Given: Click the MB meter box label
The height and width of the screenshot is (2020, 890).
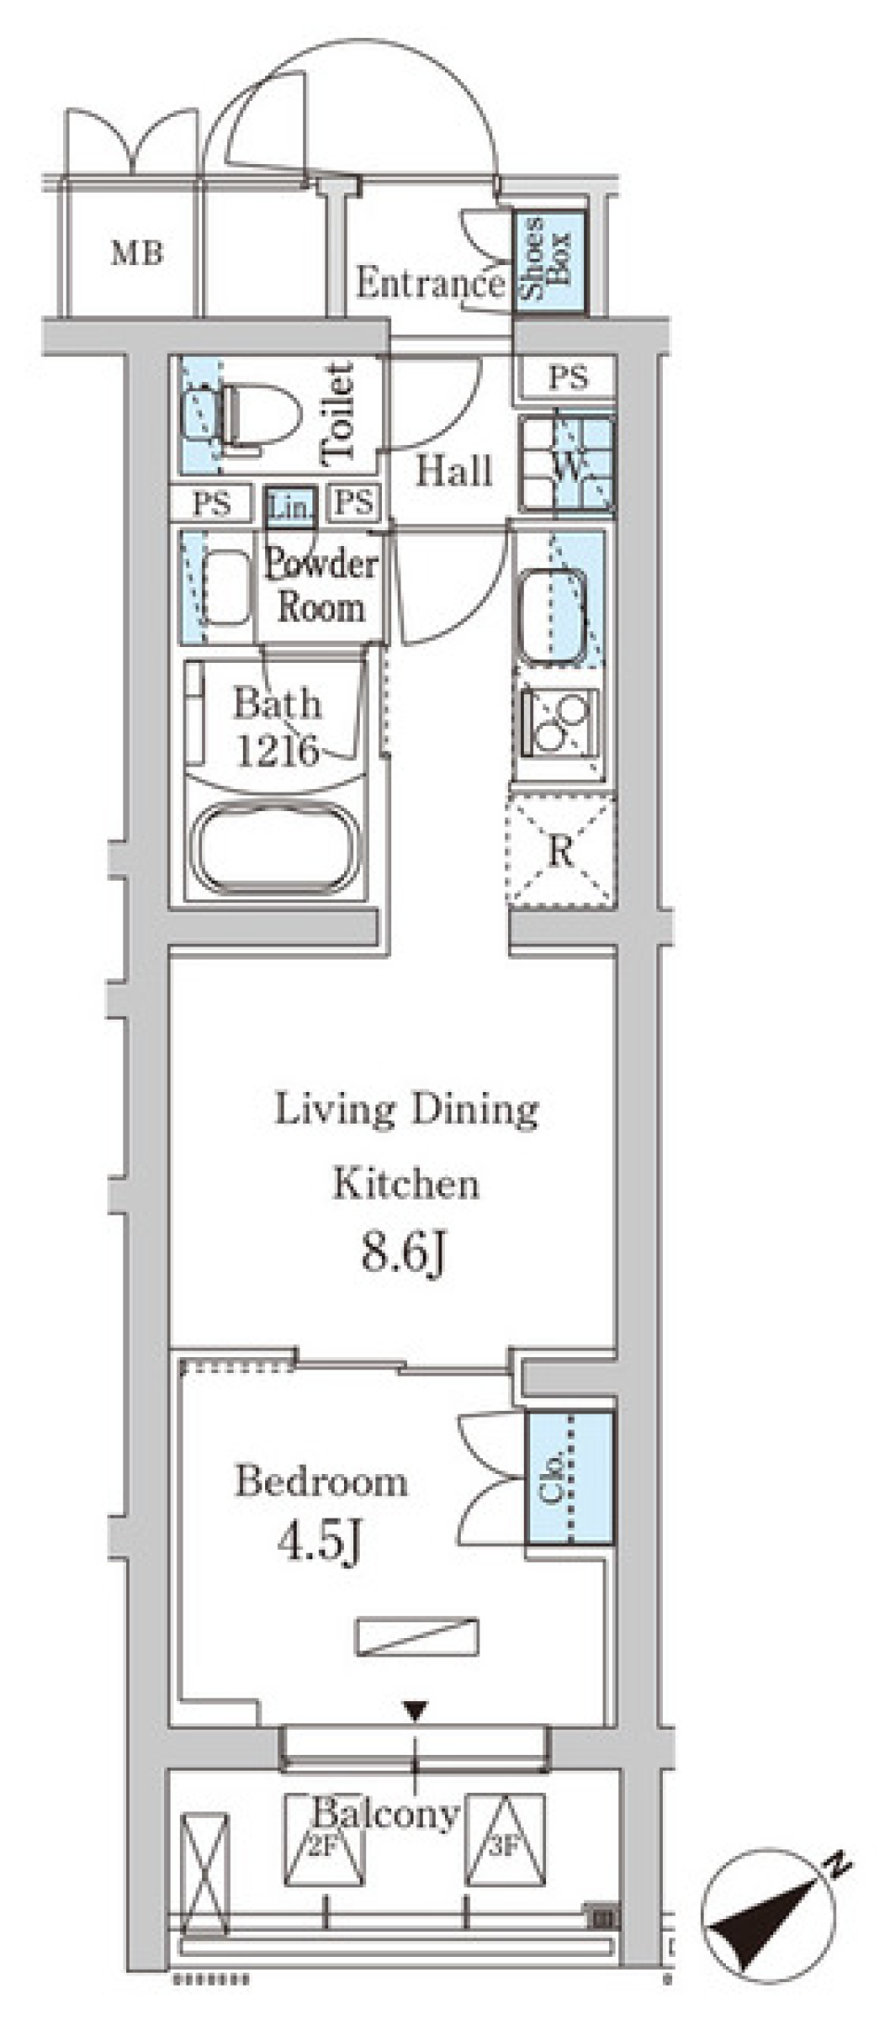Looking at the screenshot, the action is pyautogui.click(x=137, y=252).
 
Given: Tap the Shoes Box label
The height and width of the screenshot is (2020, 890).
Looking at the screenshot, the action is pyautogui.click(x=547, y=259).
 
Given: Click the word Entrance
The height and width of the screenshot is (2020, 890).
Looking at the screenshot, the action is pyautogui.click(x=431, y=284).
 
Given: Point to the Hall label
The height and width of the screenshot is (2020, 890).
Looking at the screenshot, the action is pyautogui.click(x=453, y=472).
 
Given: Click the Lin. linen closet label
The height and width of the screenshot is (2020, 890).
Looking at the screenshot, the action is pyautogui.click(x=290, y=507).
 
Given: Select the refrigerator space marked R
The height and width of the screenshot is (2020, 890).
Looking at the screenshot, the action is pyautogui.click(x=561, y=850).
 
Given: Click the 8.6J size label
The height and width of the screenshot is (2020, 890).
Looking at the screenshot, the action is pyautogui.click(x=405, y=1255).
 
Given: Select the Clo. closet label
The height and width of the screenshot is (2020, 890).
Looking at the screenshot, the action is pyautogui.click(x=554, y=1479).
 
